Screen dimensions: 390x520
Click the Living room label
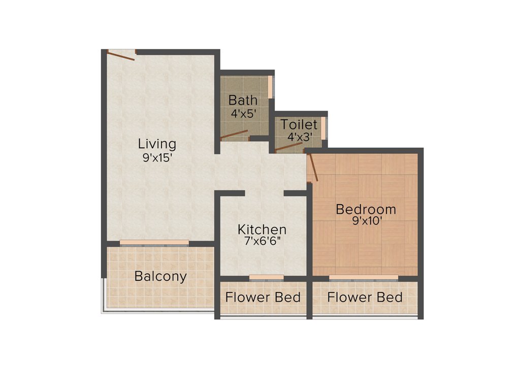tap(157, 144)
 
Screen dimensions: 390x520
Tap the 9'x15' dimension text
tap(157, 158)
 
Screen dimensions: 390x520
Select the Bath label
tap(243, 100)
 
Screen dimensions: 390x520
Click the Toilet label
tap(299, 124)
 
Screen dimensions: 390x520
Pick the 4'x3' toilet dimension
tap(300, 137)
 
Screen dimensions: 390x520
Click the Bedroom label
tap(366, 209)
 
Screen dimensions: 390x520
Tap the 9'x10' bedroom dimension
tap(366, 221)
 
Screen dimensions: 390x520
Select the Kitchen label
tap(262, 230)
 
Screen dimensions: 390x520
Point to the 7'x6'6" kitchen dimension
tap(263, 242)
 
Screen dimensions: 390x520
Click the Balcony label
tap(160, 277)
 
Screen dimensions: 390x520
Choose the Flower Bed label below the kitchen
tap(263, 297)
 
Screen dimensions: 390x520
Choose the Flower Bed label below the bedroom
tap(365, 297)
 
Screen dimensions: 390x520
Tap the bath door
tap(234, 135)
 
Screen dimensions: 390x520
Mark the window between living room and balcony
tap(154, 243)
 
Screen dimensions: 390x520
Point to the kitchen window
tap(266, 277)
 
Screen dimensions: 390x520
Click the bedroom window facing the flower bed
tap(364, 277)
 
